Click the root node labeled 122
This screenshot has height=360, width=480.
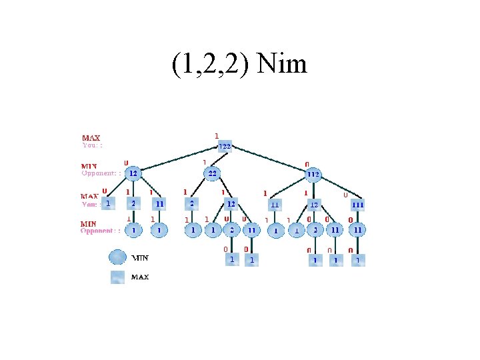[225, 147]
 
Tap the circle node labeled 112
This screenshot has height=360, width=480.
[313, 175]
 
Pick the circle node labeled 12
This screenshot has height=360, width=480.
[133, 174]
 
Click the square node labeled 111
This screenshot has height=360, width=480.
[358, 203]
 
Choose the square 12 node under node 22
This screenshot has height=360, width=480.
[231, 203]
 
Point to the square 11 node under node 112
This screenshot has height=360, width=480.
[274, 203]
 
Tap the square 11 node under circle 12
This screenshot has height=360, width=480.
[159, 203]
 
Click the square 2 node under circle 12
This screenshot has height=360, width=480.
[133, 203]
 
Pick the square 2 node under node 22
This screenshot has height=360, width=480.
[192, 203]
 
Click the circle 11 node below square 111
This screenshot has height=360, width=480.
[358, 230]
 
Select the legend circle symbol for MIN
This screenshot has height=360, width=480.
[117, 257]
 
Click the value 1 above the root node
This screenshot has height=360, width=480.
[217, 135]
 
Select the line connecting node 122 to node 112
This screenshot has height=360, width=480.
[269, 161]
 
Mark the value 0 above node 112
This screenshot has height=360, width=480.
[306, 163]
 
